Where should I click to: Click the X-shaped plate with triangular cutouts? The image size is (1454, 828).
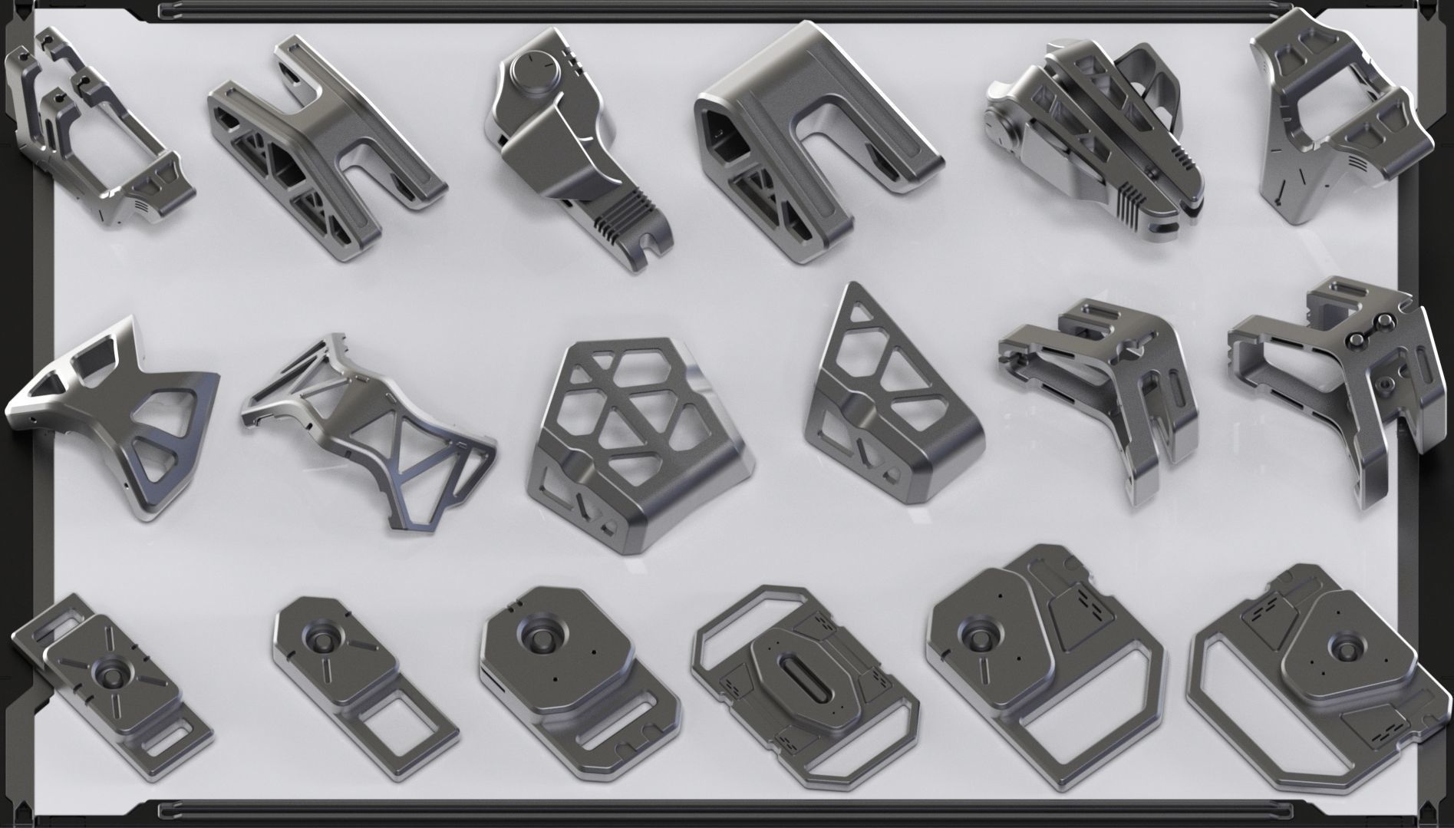tap(115, 407)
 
